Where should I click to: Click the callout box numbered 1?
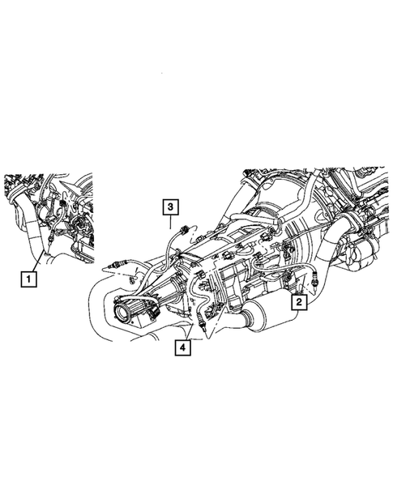tap(28, 280)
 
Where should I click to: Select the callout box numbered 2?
tap(299, 302)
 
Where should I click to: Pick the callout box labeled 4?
tap(183, 348)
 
